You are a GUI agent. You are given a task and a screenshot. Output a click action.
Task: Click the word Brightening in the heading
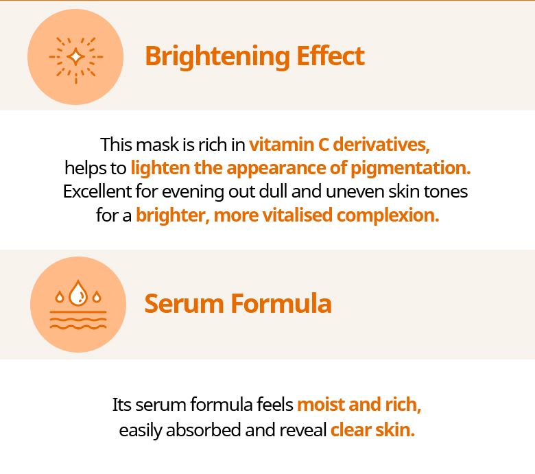point(217,57)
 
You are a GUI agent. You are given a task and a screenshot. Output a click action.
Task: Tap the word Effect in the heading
point(331,56)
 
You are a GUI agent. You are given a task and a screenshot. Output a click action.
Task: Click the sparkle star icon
point(75,57)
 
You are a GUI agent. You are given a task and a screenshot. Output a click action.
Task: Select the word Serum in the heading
point(184,303)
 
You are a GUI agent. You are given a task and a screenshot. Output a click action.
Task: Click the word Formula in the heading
point(281,303)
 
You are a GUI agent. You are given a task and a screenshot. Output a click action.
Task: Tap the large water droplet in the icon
point(78,293)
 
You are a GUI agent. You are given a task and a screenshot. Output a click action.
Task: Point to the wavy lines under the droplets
point(78,323)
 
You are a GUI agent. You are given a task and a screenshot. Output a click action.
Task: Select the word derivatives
point(381,145)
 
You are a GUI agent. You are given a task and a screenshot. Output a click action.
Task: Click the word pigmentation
point(410,169)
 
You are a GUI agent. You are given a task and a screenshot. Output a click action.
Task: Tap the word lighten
point(160,169)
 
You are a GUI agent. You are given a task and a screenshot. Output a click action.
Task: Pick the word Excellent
point(97,191)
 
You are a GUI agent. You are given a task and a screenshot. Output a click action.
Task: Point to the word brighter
point(173,215)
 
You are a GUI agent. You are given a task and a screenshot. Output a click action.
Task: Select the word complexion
point(388,215)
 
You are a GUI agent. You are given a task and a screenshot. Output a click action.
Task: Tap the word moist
point(321,405)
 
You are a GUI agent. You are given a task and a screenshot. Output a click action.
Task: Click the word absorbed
point(203,429)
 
